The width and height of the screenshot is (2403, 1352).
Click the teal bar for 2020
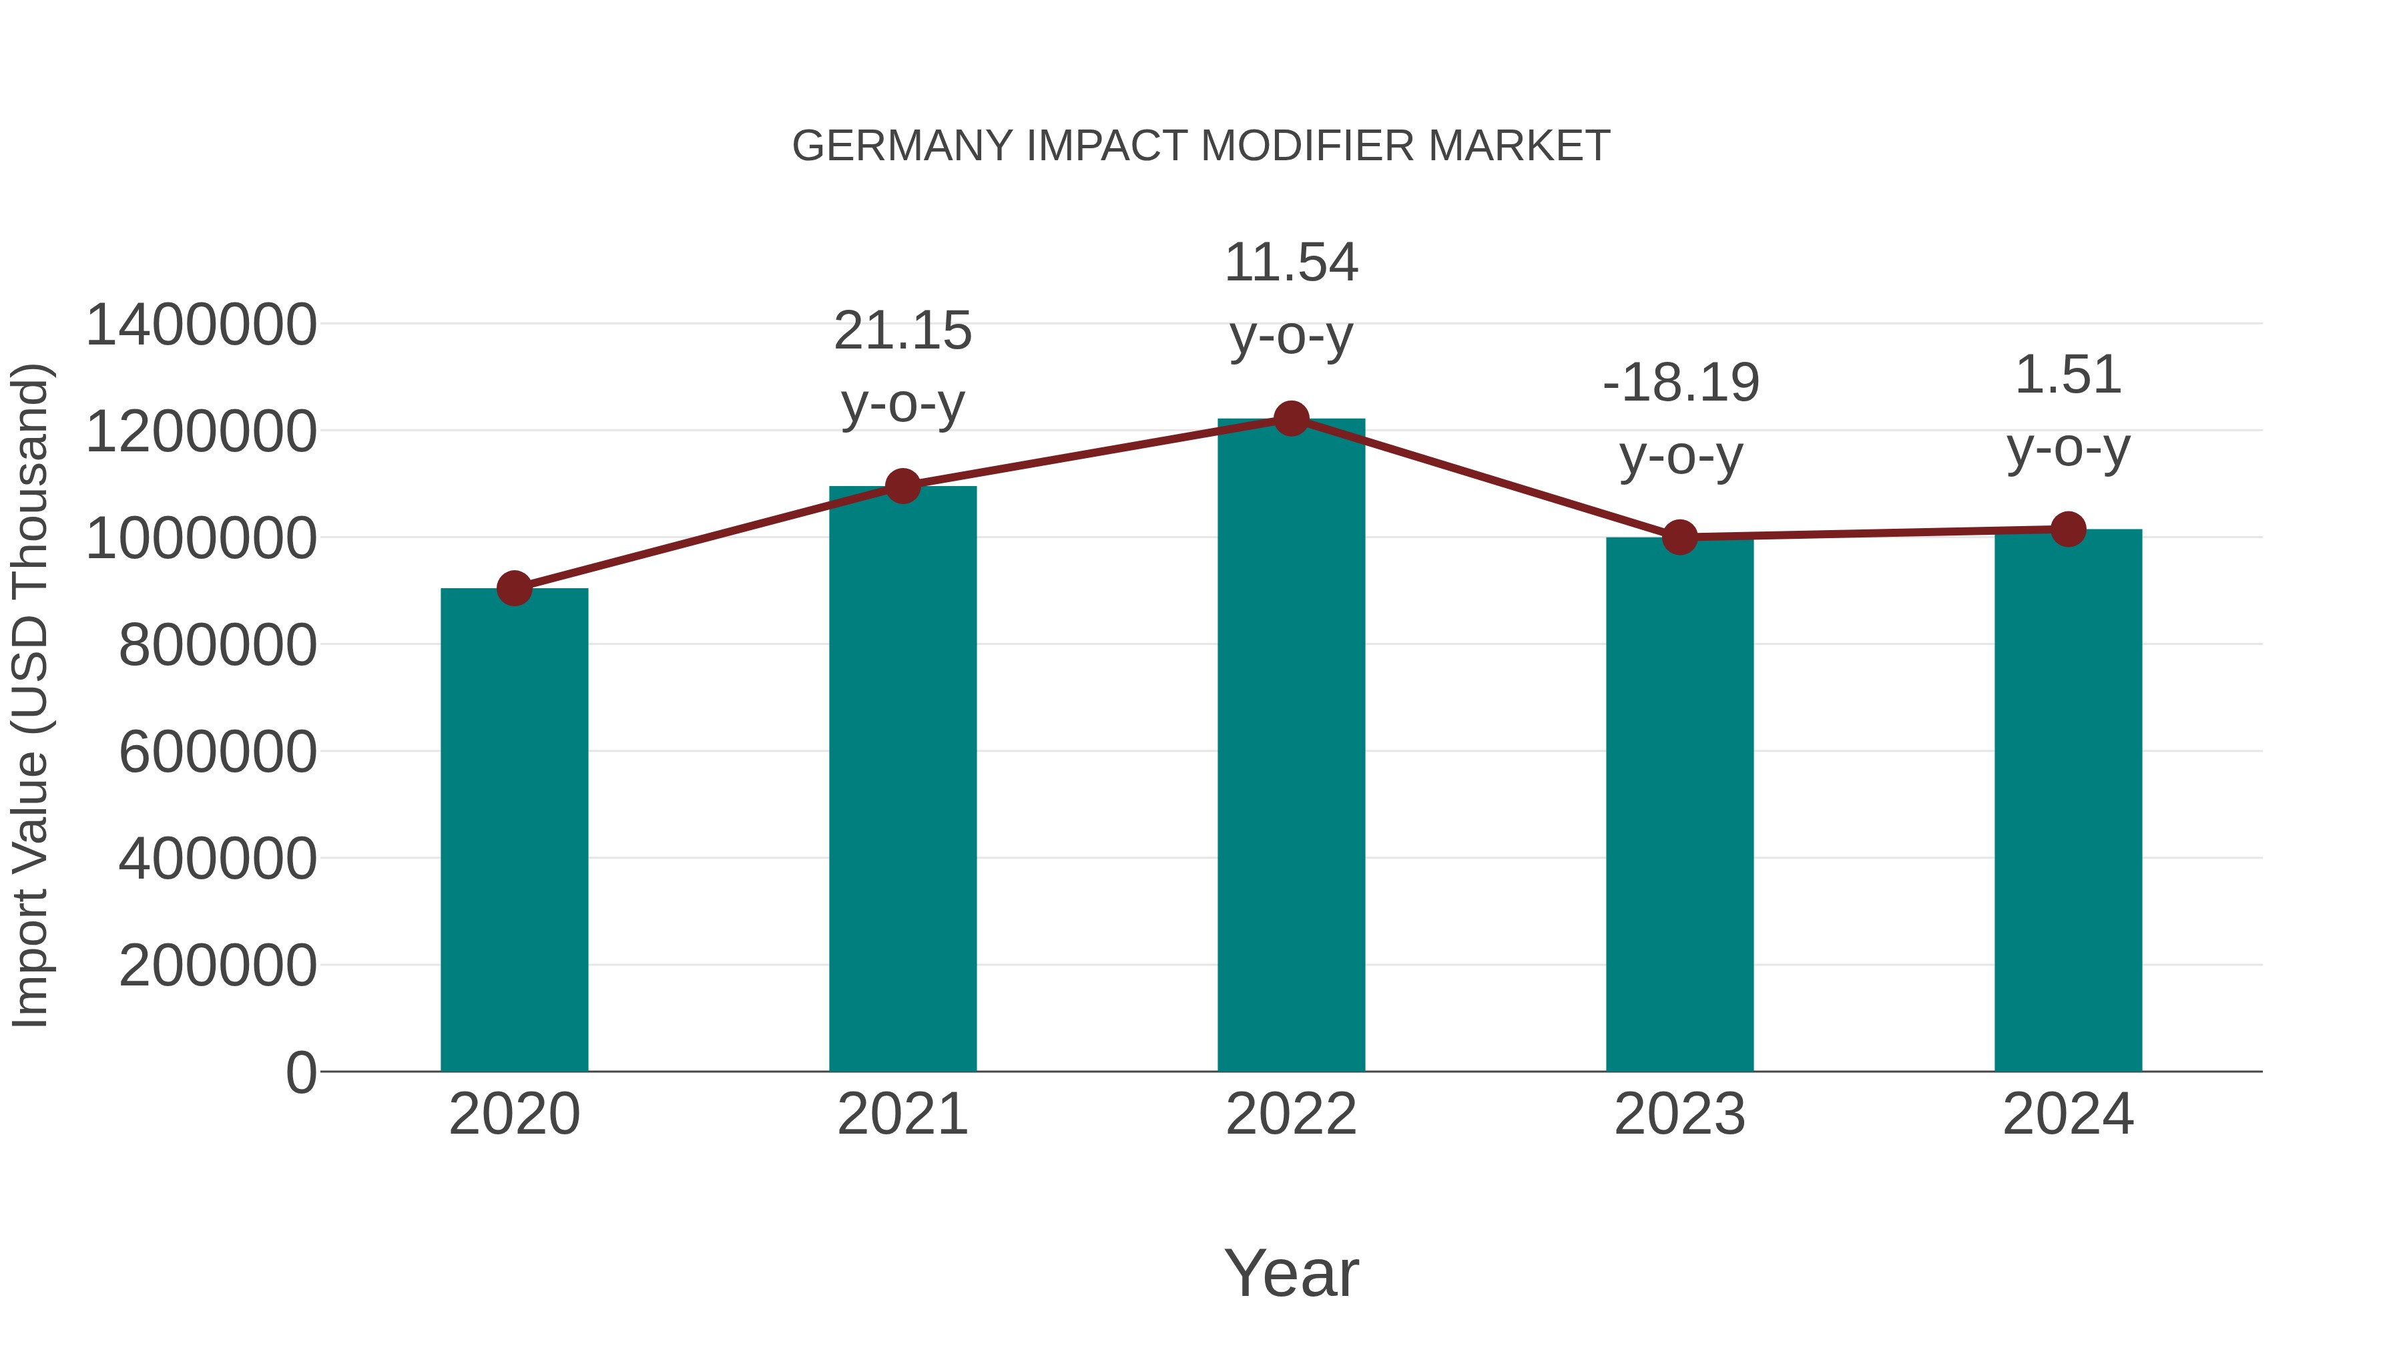click(514, 831)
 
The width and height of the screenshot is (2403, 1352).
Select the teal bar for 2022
click(1291, 746)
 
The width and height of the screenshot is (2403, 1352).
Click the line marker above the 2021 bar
click(902, 486)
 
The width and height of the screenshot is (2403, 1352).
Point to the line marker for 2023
click(1679, 537)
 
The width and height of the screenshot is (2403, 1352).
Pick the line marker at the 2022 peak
click(1291, 419)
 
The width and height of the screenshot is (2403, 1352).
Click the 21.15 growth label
click(902, 332)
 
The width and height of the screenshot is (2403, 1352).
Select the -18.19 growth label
click(1681, 383)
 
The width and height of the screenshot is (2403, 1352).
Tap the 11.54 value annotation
click(1291, 263)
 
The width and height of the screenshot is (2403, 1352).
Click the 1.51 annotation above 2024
click(2068, 376)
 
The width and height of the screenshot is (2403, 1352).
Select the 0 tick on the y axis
click(301, 1073)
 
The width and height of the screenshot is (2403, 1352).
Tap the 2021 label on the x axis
click(902, 1115)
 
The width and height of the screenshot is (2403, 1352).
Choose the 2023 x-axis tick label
click(1679, 1115)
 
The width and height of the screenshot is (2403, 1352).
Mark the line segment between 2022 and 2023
click(1485, 478)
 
